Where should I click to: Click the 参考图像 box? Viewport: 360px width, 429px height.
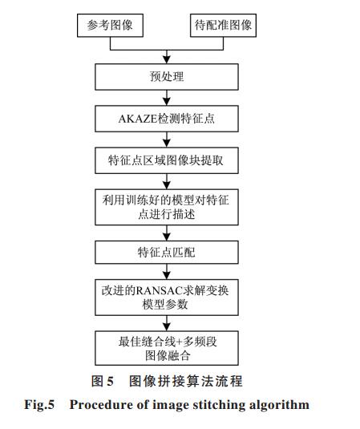pos(110,26)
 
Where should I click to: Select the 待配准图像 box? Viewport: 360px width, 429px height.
pos(223,26)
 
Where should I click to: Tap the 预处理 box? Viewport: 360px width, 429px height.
pos(167,77)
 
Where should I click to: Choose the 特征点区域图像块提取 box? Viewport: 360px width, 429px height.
pos(167,160)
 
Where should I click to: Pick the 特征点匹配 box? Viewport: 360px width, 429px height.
pos(167,253)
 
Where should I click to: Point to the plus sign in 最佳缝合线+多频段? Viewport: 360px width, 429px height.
pos(180,342)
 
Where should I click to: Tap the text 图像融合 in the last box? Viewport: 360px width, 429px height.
pos(168,356)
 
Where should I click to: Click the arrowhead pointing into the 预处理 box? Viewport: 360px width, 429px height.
pos(167,60)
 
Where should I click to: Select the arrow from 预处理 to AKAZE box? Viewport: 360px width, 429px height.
pos(167,98)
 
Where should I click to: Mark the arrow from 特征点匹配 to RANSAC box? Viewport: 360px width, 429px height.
pos(167,272)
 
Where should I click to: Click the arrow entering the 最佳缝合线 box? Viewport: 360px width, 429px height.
pos(167,323)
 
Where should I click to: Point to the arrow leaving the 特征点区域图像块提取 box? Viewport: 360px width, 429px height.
pos(167,181)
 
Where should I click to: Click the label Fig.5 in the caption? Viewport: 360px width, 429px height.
pos(39,405)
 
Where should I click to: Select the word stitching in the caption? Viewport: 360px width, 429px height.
pos(219,405)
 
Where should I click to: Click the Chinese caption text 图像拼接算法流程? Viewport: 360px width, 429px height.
pos(186,381)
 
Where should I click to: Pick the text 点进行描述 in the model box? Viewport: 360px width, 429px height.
pos(166,214)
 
